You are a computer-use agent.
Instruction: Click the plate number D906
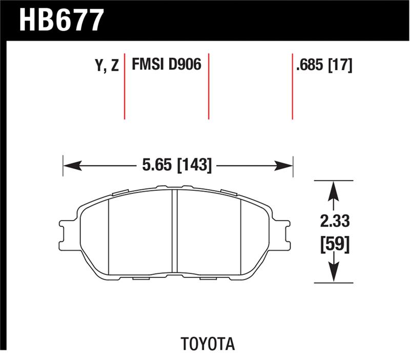[183, 65]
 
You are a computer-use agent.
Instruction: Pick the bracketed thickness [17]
[341, 66]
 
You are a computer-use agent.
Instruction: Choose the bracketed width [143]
[193, 166]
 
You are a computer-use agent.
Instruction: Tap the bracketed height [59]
[334, 244]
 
